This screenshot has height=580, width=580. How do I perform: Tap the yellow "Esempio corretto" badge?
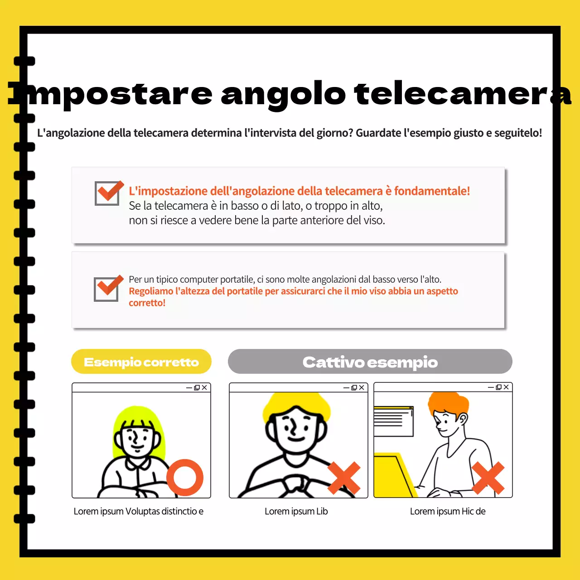[x=141, y=362]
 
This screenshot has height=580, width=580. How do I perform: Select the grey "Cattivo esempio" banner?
[x=370, y=362]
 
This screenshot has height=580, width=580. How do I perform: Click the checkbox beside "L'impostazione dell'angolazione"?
[x=107, y=193]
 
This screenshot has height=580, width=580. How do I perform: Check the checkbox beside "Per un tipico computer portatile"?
[x=107, y=289]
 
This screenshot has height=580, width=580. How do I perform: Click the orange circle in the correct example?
[x=185, y=477]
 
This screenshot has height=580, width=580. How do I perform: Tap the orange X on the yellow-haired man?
[x=344, y=478]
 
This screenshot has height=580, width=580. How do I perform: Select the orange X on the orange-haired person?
[x=488, y=478]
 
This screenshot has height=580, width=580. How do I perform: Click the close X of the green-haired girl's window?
[x=204, y=387]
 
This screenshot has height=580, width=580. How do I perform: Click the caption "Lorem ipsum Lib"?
[x=296, y=511]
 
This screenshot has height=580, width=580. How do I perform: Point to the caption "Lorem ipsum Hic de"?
[x=447, y=511]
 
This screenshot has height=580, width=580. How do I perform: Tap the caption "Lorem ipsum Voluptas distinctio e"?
[x=138, y=511]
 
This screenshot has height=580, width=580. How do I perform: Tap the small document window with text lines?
[x=393, y=421]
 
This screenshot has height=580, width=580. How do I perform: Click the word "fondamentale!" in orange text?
[x=431, y=191]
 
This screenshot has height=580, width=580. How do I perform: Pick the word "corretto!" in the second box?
[x=147, y=303]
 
